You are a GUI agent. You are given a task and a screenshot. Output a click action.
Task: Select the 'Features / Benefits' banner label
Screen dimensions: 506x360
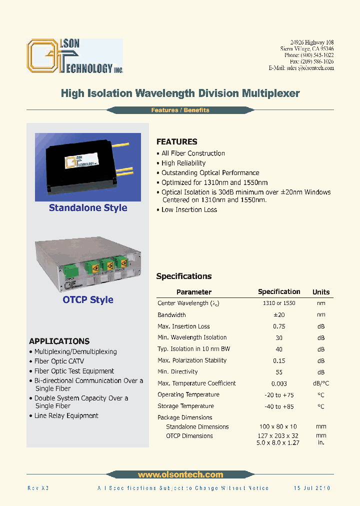coord(180,110)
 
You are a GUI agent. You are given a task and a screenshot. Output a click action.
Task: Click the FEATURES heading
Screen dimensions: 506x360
coord(176,141)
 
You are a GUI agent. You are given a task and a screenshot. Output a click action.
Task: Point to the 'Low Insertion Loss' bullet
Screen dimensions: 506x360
coord(189,209)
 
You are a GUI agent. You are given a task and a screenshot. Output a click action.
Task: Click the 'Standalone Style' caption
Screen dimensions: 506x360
coord(88,208)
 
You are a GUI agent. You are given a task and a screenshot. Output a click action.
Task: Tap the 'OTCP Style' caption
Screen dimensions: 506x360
coord(88,300)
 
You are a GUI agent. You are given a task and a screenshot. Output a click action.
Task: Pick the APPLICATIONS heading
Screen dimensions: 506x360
coord(59,341)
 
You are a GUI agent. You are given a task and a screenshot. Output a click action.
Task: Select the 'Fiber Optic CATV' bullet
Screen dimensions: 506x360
coord(59,361)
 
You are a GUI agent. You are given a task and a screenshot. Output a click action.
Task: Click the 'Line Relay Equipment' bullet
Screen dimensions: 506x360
coord(66,415)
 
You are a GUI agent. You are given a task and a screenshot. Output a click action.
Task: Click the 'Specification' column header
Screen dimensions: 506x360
coord(279,291)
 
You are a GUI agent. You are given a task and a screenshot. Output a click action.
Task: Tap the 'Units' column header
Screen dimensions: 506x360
coord(321,292)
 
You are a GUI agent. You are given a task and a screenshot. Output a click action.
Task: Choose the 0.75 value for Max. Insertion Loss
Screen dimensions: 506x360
coord(279,326)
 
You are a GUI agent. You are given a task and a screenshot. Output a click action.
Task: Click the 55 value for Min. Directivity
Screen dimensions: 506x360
coord(279,372)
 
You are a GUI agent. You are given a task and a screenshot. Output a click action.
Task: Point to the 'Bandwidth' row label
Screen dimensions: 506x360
coord(171,315)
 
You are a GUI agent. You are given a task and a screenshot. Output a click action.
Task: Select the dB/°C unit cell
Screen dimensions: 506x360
coord(321,383)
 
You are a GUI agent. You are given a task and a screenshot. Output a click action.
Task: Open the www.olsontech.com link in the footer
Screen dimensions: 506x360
coord(180,474)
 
